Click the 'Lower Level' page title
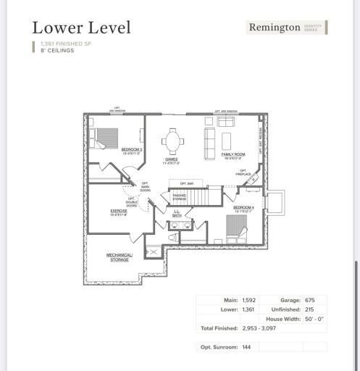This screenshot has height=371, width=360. [81, 28]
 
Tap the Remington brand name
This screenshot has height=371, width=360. [274, 28]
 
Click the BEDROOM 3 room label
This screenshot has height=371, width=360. [131, 150]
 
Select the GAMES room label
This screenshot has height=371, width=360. [171, 160]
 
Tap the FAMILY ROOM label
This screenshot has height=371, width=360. [233, 154]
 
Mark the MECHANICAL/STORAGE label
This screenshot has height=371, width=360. [120, 257]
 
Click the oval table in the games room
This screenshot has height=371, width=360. [172, 138]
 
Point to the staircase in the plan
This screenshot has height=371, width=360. [210, 196]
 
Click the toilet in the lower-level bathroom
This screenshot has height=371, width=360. [172, 236]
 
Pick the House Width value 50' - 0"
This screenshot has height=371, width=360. [316, 319]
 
